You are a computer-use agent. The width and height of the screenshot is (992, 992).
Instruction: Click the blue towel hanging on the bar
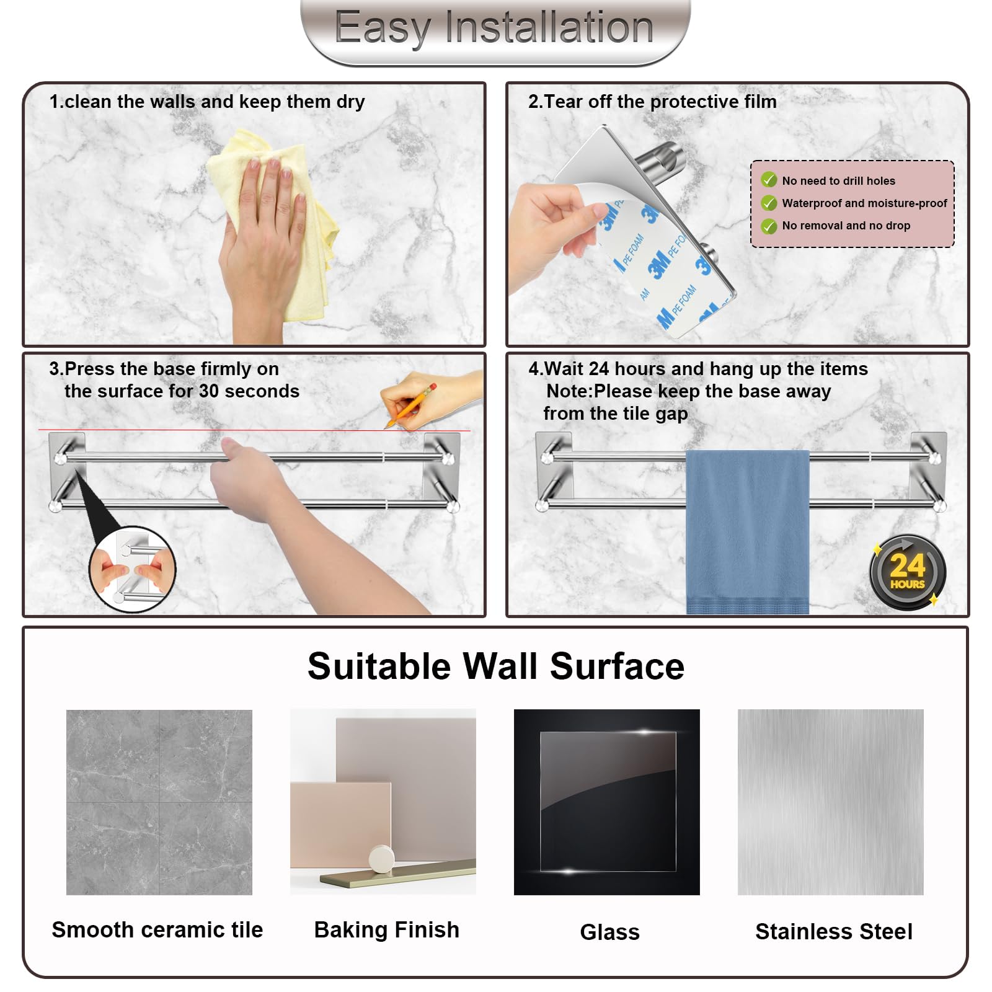coord(747,532)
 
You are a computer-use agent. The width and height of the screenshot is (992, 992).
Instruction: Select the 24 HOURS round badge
coord(907,572)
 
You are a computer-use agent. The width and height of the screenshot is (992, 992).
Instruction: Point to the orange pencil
coord(410,406)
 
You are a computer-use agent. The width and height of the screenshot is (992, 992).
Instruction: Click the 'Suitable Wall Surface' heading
coord(496,666)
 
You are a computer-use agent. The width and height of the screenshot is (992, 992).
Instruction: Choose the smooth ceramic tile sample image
coord(159,802)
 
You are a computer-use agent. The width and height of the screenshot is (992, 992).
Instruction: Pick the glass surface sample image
coord(607,802)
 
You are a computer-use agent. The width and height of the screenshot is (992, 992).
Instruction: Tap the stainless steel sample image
coord(831,802)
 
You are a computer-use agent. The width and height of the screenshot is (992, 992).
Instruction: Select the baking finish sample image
coord(383,802)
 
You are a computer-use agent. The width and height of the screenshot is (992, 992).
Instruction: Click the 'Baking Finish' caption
coord(387,930)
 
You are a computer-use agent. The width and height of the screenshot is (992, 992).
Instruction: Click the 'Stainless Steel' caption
coord(834,932)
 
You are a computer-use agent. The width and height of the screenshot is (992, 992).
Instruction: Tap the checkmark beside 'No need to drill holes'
coord(769,180)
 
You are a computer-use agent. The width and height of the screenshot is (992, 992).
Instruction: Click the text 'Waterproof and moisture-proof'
coord(865,203)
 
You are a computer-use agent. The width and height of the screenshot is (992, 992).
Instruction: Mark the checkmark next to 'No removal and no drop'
coord(769,226)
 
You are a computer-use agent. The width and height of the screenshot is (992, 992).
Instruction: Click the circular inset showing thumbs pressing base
coord(133,569)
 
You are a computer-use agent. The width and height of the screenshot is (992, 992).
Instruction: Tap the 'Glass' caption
coord(610,932)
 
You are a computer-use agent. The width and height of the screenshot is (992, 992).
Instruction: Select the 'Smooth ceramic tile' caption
coord(157,930)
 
